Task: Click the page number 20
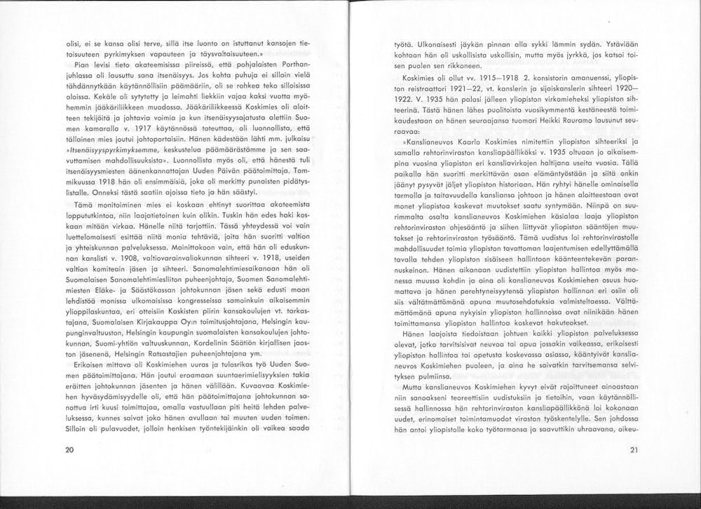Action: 69,449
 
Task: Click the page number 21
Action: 633,449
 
